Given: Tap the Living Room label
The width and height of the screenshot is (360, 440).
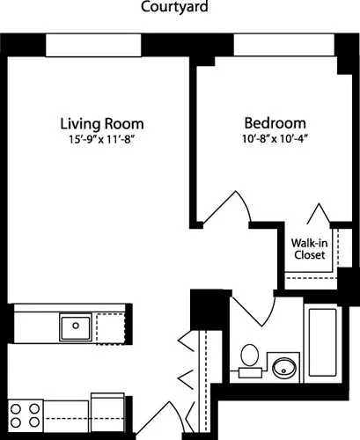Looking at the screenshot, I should coord(102,124).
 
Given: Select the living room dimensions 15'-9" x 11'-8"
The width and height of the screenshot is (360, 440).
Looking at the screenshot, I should coord(102,140).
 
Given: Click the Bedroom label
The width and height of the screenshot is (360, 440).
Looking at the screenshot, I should coord(275,124).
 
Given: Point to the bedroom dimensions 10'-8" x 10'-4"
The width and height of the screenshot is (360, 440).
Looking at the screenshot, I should coord(275,140).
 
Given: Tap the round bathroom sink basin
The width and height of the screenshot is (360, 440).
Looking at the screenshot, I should coord(284,365).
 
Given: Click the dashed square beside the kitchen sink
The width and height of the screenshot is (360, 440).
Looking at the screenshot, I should coord(110,327).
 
